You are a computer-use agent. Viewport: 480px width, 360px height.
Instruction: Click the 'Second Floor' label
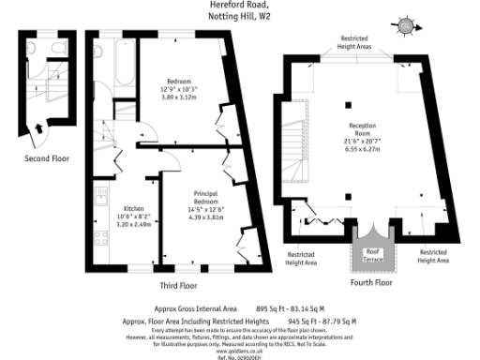point(47,158)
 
